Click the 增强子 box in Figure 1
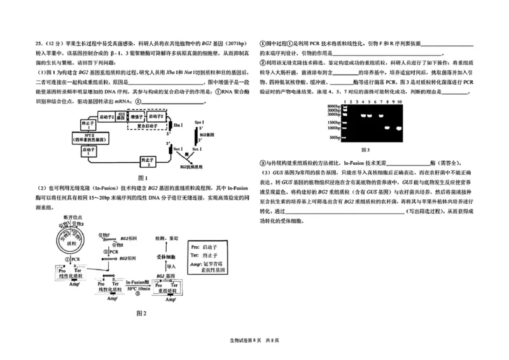click(x=136, y=118)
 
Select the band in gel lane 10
click(x=398, y=127)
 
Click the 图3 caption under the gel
click(x=365, y=149)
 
